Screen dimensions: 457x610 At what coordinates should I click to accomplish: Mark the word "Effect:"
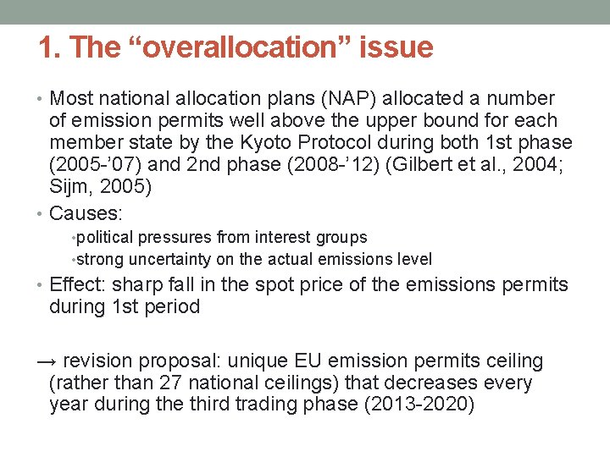tap(82, 285)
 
